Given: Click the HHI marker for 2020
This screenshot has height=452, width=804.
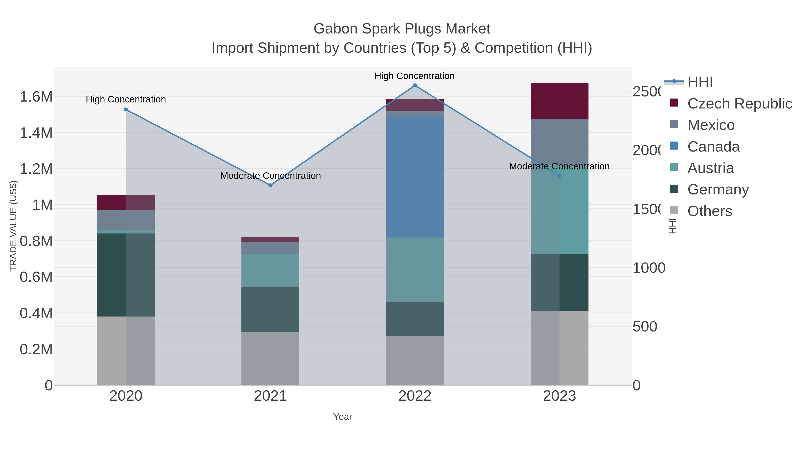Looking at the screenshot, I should [x=126, y=110].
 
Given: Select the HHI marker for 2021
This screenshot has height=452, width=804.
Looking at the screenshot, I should [x=270, y=185].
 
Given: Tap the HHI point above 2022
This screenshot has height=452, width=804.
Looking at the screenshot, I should [x=415, y=85].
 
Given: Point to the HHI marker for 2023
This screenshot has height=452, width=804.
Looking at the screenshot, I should [x=559, y=176].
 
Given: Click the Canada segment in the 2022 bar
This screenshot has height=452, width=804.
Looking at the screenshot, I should [x=415, y=177].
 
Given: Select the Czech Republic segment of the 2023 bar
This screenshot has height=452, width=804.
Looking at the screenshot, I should [x=559, y=101].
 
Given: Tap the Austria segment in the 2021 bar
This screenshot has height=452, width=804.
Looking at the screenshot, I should [x=270, y=270].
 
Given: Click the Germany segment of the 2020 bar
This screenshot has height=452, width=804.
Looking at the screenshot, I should [x=126, y=275].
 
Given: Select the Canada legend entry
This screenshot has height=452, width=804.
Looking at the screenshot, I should [x=713, y=147].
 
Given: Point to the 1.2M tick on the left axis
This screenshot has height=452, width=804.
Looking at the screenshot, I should [x=36, y=169].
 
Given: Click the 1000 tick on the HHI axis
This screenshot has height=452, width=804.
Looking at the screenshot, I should [x=649, y=268].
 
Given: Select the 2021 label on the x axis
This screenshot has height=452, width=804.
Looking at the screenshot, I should [x=270, y=396].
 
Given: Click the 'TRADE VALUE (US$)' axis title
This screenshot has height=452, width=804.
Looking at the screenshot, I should [x=13, y=226].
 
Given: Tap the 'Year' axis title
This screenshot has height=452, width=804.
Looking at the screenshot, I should [x=342, y=417].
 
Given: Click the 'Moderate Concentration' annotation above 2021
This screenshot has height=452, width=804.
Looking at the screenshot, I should [x=270, y=176].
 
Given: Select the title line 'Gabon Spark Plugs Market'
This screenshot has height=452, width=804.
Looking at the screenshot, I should [x=402, y=29].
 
